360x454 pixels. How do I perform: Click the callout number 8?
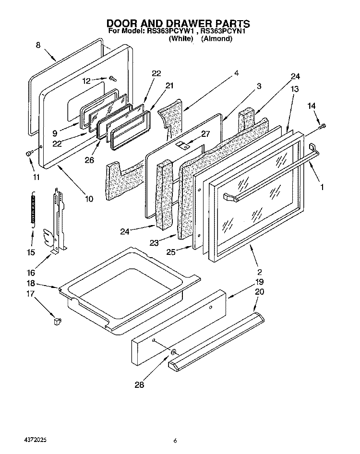coord(38,45)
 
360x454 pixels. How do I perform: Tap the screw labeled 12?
coord(113,78)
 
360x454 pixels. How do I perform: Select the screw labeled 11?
coord(29,154)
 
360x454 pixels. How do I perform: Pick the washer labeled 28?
coord(173,352)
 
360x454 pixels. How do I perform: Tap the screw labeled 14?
coord(322,126)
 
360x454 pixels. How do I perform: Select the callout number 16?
coord(31,273)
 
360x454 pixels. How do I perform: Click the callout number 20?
coord(259,292)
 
